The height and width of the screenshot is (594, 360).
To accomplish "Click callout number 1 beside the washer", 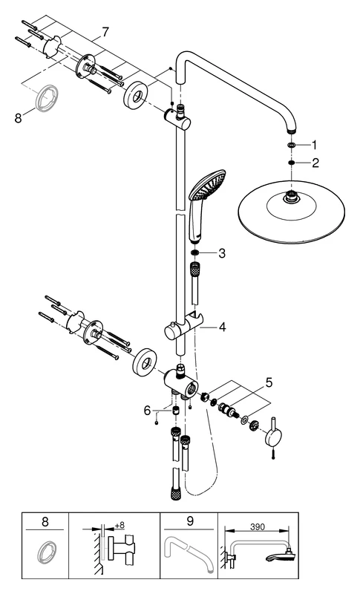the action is pos(313,145).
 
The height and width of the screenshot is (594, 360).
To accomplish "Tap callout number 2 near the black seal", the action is pos(315,163).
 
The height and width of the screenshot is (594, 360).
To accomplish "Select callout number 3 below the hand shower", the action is pos(221,253).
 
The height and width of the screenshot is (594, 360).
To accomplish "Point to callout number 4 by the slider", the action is pos(222,327).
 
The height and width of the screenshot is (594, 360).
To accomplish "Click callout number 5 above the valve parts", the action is pos(269,382).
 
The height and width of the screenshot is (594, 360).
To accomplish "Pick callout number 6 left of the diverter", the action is pos(147,411).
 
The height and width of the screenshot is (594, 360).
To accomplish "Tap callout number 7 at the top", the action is pos(105,32).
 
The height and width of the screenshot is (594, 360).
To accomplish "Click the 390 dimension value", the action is pos(258,527).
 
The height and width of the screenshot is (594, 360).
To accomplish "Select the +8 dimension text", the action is pos(120,526).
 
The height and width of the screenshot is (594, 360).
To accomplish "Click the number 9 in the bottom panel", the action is pos(190,521).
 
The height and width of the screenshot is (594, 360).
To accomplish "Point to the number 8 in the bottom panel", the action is pos(45,522).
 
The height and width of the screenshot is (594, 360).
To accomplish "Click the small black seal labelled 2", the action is pos(292,163).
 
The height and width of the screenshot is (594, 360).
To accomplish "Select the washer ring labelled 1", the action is pos(292,145).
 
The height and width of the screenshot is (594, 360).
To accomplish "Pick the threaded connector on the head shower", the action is pos(291,198).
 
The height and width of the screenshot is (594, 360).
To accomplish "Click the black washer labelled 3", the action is pos(194,252).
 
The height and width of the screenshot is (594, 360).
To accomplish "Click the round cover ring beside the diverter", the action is pos(143,360).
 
